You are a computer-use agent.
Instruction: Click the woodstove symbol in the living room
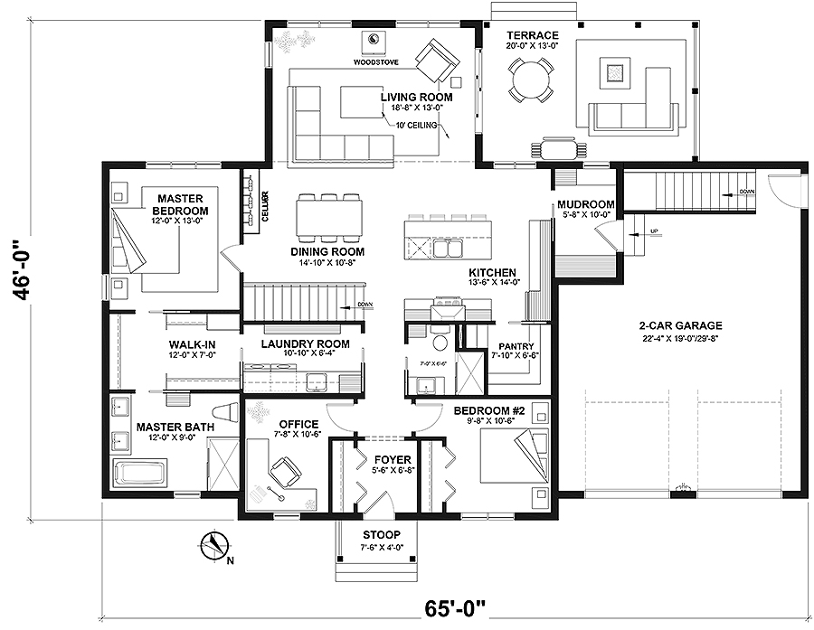tap(375, 41)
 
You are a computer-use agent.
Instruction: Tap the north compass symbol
tap(213, 545)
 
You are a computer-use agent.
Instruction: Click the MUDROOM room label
tap(585, 204)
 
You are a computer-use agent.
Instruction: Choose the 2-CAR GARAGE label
tap(673, 325)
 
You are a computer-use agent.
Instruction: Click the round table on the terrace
tap(530, 79)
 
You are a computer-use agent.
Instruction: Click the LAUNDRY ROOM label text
tap(305, 343)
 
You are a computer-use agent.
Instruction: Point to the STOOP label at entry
tap(379, 534)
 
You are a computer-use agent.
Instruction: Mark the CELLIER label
tap(265, 206)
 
